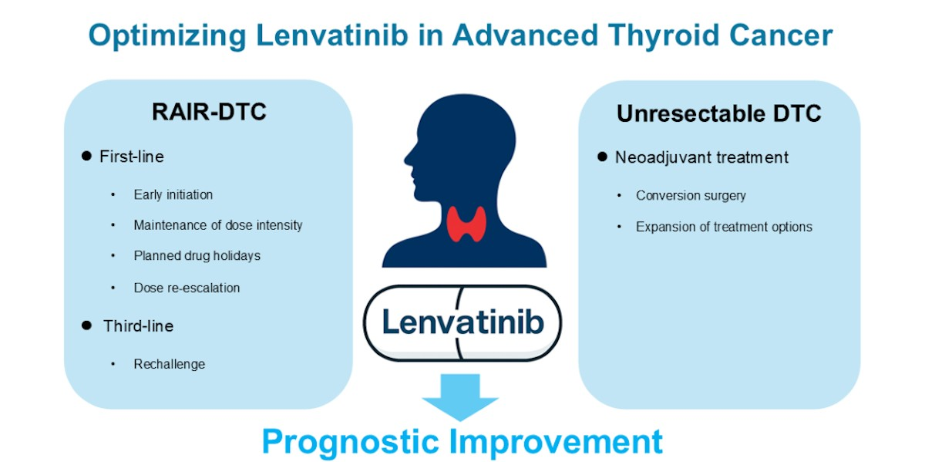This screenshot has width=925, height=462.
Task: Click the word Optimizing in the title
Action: (x=167, y=36)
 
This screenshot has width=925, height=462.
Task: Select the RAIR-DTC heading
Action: (x=209, y=112)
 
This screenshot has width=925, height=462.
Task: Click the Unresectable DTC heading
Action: (x=719, y=113)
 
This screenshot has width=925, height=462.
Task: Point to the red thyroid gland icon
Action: (x=466, y=224)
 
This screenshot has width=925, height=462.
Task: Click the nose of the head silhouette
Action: (x=406, y=159)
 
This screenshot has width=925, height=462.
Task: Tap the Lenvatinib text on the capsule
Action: (x=463, y=322)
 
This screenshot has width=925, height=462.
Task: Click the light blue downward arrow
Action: (x=460, y=396)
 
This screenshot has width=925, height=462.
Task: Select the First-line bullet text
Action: (x=132, y=157)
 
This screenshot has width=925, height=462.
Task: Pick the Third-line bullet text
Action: (x=138, y=326)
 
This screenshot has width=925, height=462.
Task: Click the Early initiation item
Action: (x=173, y=194)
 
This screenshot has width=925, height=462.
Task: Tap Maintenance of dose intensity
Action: (x=218, y=225)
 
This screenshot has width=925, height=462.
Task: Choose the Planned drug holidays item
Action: (x=197, y=256)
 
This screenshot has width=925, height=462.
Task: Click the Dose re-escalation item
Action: (x=187, y=288)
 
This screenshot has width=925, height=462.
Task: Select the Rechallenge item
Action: (x=170, y=364)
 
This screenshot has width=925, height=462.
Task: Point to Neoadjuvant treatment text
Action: (x=701, y=157)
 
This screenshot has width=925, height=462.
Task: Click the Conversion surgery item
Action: (x=691, y=195)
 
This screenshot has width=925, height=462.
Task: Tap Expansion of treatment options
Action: (x=724, y=227)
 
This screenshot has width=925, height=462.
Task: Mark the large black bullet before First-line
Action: (x=86, y=156)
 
